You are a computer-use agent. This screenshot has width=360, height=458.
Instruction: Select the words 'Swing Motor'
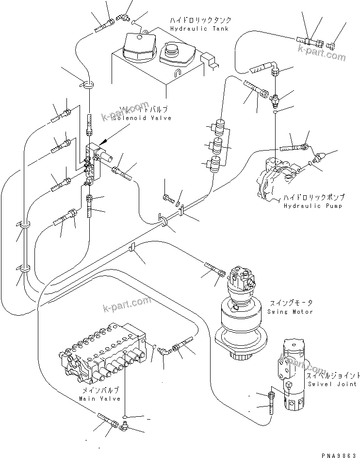click(290, 311)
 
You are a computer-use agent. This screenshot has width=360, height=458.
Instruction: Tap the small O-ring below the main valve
click(125, 417)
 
